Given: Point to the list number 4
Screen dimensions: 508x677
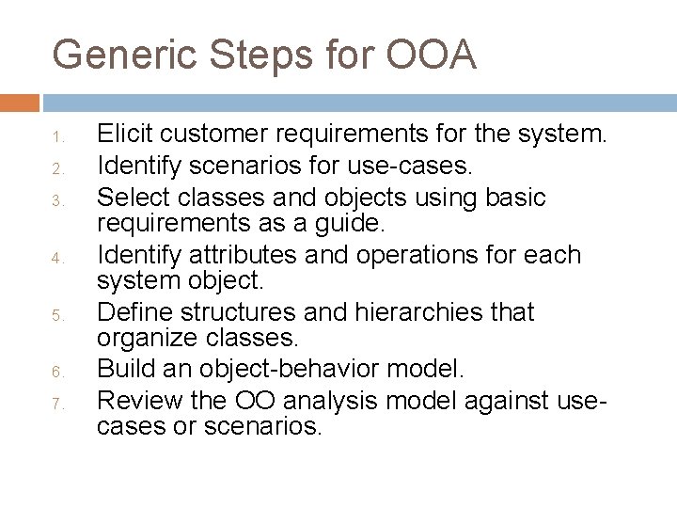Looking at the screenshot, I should pyautogui.click(x=57, y=258).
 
